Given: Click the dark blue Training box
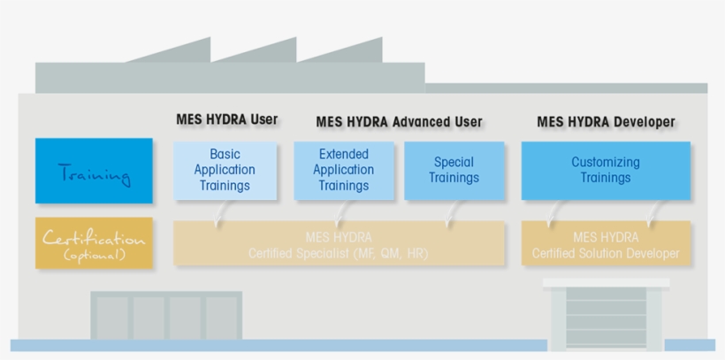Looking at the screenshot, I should click(x=94, y=171).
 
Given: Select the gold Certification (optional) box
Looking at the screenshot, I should click(x=94, y=242).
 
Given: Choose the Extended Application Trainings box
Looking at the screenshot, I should click(x=343, y=170).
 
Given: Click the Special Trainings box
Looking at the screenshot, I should click(x=454, y=170).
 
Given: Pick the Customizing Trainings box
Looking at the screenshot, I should click(x=605, y=170).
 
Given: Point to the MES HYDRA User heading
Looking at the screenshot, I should click(x=226, y=119).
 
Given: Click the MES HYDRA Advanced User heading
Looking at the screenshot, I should click(x=399, y=122).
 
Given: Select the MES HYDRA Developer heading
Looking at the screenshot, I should click(x=606, y=122).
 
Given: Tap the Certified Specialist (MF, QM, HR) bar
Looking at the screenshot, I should click(x=339, y=245).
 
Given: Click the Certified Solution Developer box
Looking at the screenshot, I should click(x=606, y=245).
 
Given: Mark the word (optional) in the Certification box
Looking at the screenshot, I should click(x=94, y=256).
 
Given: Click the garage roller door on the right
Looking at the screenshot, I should click(x=606, y=316).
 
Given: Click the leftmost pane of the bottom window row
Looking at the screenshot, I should click(x=111, y=317).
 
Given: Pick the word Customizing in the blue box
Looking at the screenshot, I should click(x=605, y=162).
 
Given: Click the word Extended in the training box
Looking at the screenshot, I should click(x=343, y=154).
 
